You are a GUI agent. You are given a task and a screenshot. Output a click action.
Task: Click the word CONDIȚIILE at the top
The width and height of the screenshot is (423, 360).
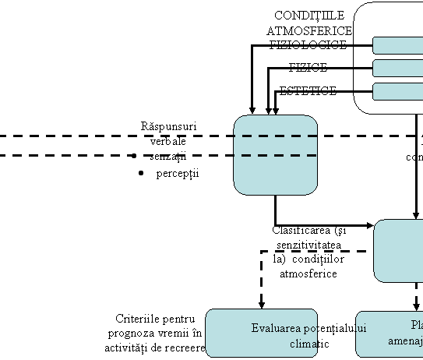[309, 16]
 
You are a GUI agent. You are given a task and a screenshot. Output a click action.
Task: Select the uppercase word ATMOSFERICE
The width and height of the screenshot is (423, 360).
[309, 30]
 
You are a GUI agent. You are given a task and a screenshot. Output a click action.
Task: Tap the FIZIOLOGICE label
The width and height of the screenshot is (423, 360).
[308, 45]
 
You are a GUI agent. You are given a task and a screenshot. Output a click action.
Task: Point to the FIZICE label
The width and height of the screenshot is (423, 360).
[308, 68]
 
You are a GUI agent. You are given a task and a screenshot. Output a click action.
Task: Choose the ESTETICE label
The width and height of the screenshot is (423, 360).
[308, 91]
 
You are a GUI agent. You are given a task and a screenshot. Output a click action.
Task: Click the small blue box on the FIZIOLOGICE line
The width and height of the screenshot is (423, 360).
[397, 45]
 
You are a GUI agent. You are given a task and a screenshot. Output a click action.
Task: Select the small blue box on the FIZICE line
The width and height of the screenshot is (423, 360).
[397, 69]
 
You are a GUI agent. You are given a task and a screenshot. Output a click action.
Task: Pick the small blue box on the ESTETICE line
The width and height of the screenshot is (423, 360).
[397, 92]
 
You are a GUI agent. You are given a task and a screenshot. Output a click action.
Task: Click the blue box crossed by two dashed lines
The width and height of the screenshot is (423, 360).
[276, 155]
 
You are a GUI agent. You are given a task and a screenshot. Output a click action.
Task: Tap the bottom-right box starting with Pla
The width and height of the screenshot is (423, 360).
[390, 334]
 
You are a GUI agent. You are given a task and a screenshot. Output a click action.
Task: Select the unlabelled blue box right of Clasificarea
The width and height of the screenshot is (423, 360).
[398, 250]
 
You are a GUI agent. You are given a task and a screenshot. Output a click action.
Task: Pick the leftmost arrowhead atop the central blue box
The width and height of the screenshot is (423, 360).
[252, 110]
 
